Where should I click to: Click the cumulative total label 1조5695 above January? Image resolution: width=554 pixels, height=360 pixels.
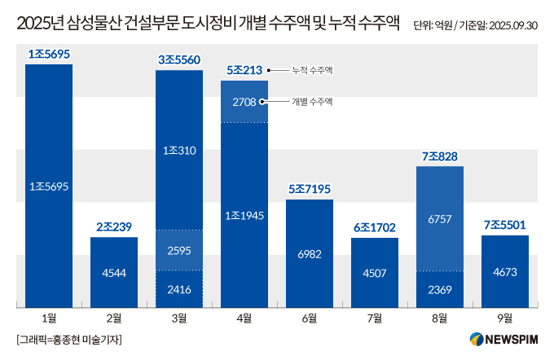(49, 55)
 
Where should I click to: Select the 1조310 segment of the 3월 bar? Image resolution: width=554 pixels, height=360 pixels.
(179, 150)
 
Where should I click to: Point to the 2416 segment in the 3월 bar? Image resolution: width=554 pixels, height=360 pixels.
(179, 288)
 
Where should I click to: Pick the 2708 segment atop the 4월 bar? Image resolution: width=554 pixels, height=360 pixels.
(244, 102)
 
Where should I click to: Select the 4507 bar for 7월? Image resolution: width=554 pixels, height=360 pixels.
(375, 274)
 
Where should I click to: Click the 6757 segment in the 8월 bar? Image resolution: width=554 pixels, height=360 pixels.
(440, 219)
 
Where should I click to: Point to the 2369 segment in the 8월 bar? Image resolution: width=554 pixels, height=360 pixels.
(440, 289)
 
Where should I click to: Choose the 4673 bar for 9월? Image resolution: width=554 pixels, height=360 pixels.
(505, 273)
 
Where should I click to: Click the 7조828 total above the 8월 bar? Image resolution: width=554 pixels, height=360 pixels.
(440, 156)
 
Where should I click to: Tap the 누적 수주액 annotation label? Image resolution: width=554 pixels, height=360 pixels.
(313, 71)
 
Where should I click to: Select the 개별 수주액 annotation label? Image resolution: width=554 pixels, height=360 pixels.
(313, 102)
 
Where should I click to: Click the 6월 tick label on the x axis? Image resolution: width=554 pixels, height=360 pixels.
(310, 318)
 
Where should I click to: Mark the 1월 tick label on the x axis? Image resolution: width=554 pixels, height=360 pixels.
(49, 318)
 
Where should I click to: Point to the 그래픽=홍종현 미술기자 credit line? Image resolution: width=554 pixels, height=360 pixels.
(68, 339)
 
